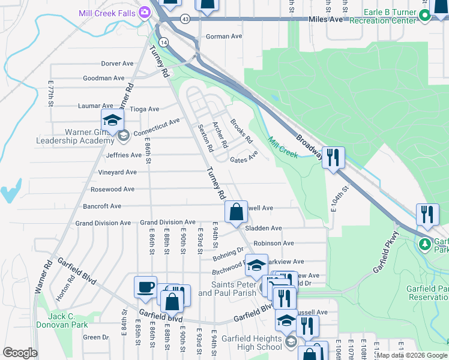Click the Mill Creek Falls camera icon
click(145, 12)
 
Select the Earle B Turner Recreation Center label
click(390, 16)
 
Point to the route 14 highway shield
click(164, 40)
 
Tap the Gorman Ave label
click(223, 37)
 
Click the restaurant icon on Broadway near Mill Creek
click(333, 157)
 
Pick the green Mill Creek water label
click(282, 146)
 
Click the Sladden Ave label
click(267, 228)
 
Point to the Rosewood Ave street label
click(112, 189)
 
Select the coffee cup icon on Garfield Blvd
click(145, 287)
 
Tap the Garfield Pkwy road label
click(386, 253)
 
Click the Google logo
click(20, 353)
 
